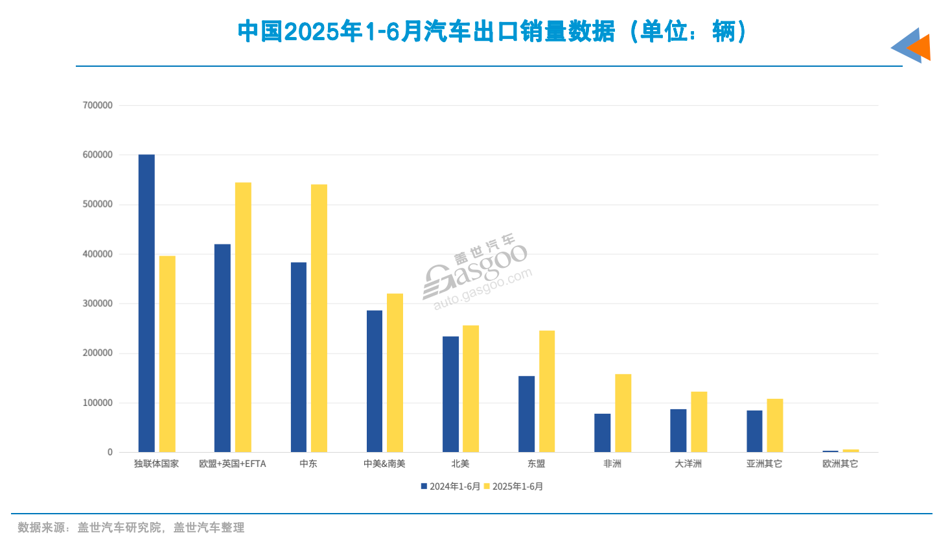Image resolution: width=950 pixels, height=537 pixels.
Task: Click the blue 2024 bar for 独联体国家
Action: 146,303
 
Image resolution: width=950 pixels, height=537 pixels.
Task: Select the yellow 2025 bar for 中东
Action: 319,318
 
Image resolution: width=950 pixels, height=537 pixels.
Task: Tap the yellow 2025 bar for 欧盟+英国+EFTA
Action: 243,317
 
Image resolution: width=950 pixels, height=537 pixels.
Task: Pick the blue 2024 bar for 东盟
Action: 526,414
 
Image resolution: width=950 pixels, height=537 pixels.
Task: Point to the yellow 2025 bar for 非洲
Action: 623,413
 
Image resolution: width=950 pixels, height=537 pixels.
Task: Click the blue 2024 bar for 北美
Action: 450,394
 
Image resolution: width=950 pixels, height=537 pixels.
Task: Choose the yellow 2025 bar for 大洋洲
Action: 699,422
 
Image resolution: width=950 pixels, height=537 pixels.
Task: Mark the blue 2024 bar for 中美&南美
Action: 375,381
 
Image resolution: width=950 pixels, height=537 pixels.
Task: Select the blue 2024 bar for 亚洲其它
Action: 754,431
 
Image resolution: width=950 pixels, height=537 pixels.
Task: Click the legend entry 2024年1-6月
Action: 451,486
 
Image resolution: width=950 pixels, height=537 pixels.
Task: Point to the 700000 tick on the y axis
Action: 97,105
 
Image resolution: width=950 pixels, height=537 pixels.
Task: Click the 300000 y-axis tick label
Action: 97,304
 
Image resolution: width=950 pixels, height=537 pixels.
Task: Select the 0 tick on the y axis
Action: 110,452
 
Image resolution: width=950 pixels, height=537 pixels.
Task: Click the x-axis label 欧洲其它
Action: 840,464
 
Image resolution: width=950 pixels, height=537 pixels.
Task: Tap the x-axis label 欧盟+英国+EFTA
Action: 232,464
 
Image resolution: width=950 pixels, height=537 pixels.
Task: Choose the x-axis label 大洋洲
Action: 688,464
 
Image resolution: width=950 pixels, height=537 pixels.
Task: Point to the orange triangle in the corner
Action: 920,47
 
